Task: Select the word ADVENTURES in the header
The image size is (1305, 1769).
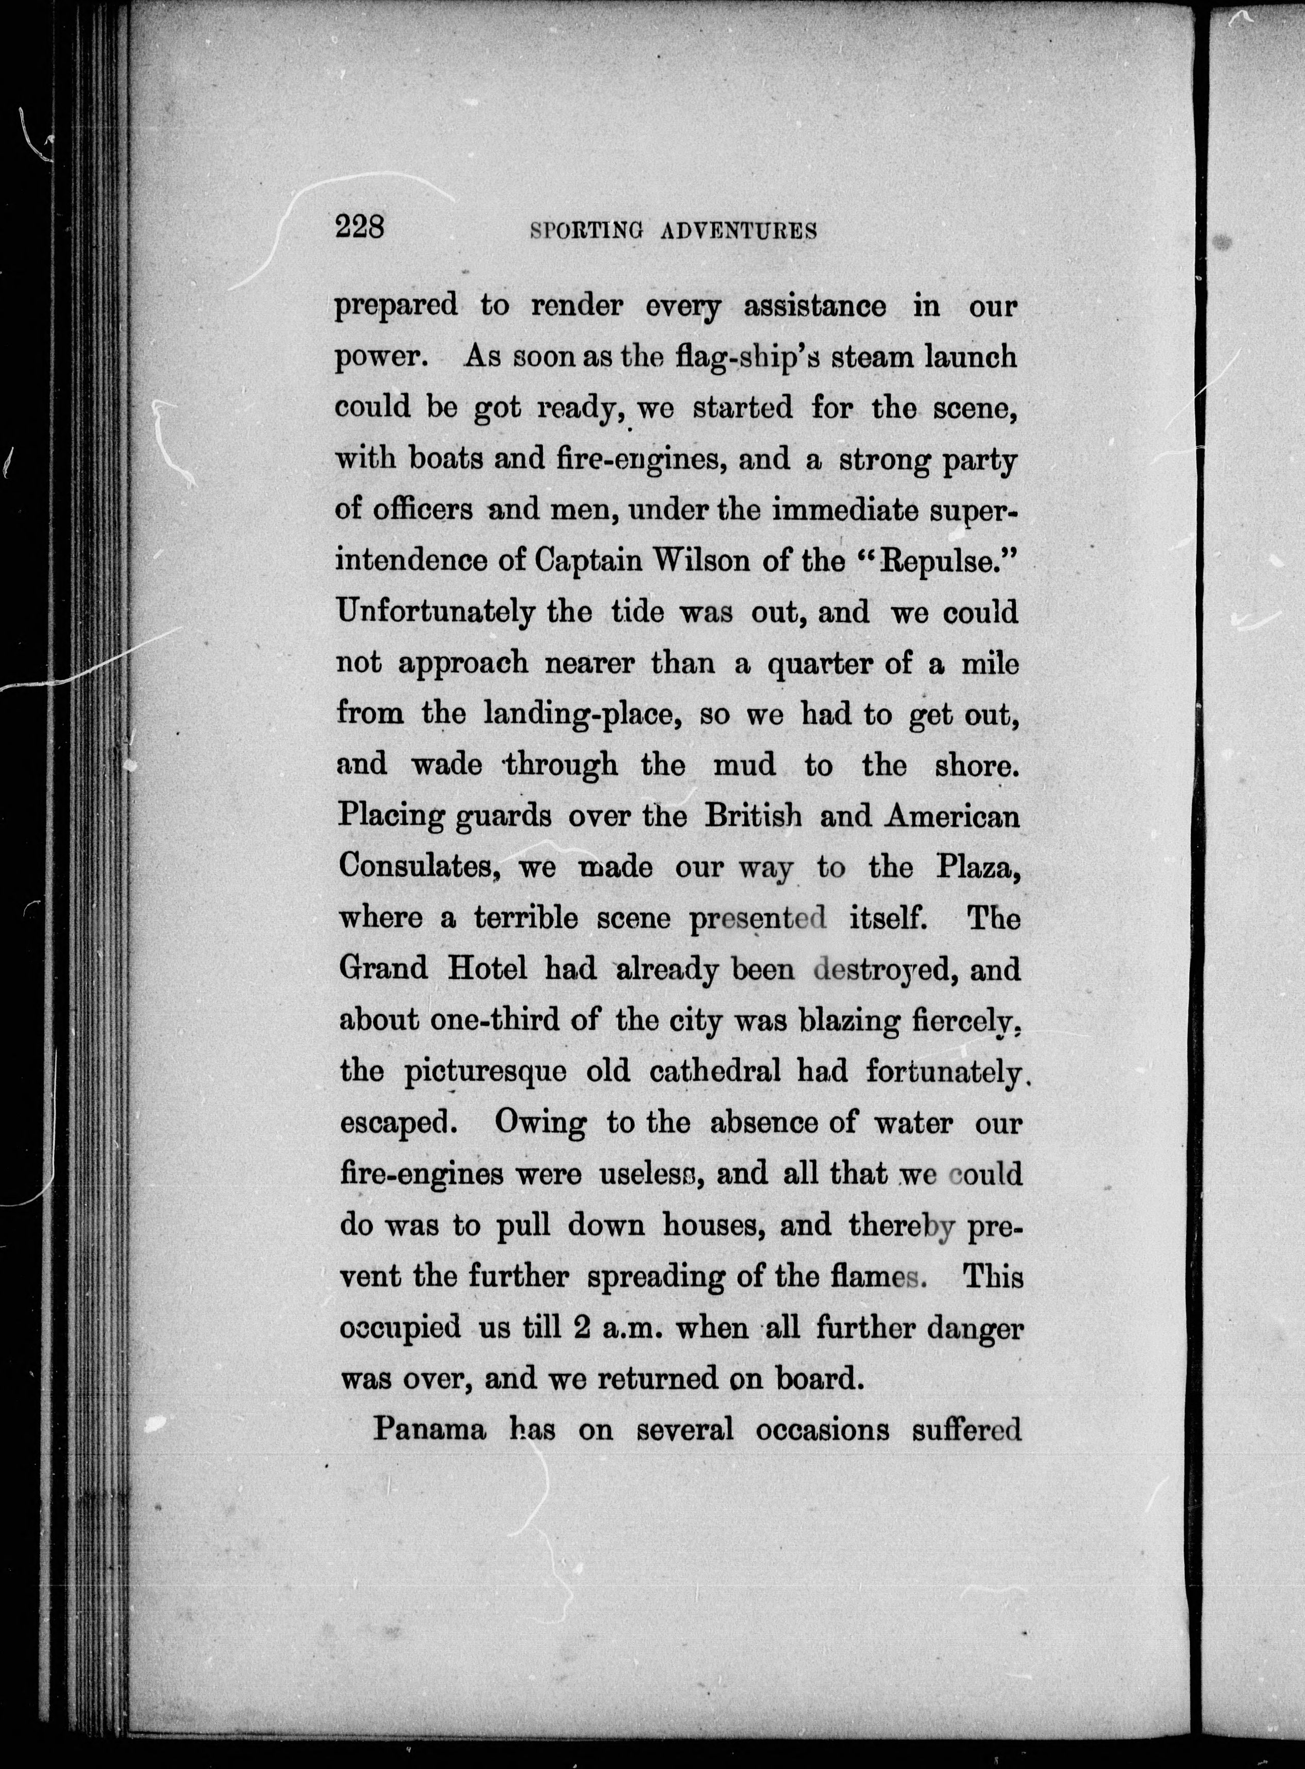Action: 738,231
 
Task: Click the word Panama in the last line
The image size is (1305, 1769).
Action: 429,1428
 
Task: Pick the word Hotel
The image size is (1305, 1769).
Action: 488,969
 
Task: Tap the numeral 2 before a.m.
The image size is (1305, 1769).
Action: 579,1327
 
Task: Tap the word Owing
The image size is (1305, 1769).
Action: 540,1123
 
